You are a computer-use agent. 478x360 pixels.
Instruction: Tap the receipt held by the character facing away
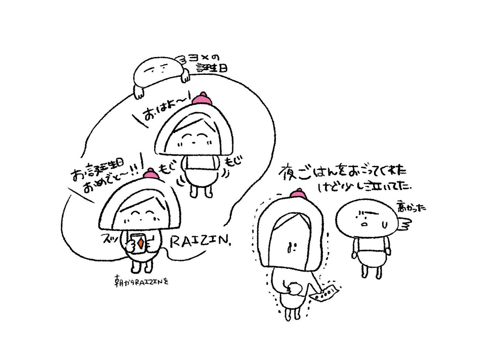pyautogui.click(x=325, y=293)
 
